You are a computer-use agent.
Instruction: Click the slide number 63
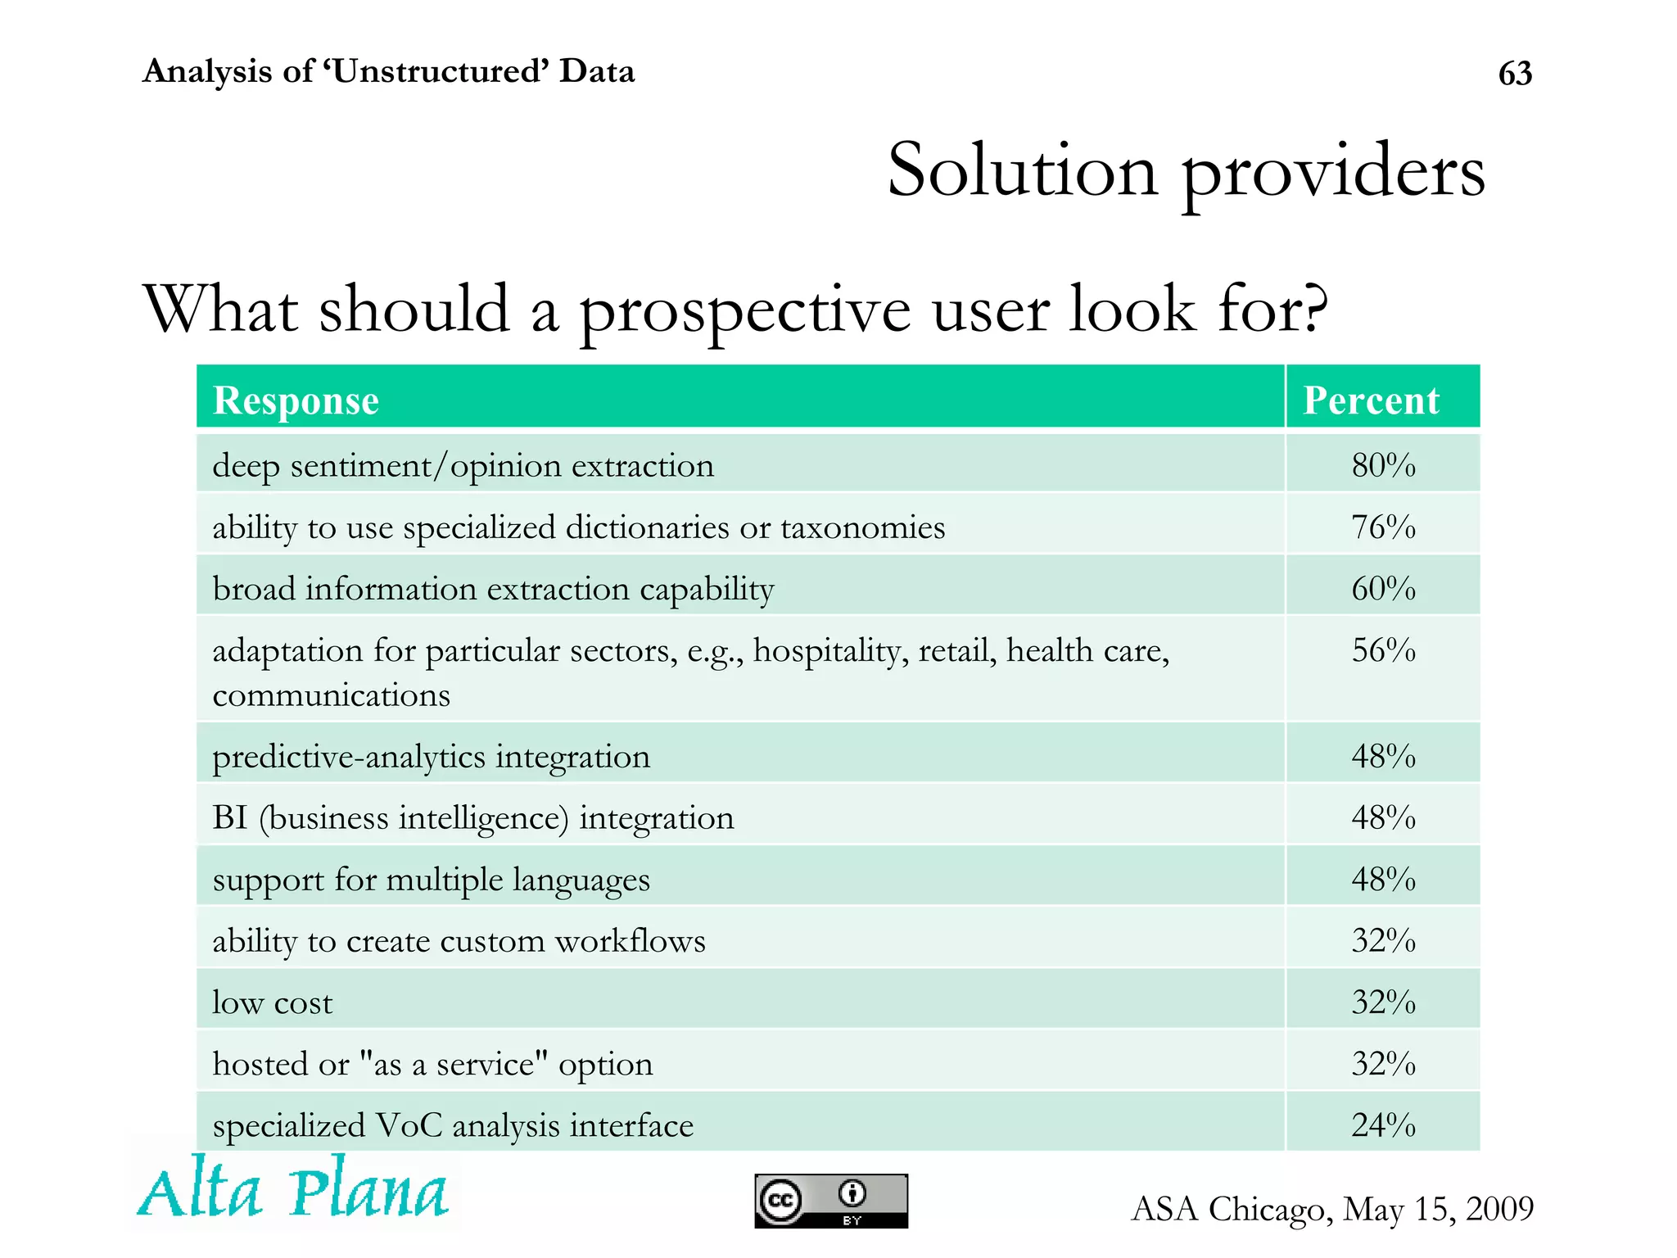pos(1514,74)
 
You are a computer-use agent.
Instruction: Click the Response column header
pos(296,400)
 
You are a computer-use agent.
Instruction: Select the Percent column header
pos(1371,400)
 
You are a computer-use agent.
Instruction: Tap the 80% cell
pos(1382,465)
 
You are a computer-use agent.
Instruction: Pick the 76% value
pos(1382,527)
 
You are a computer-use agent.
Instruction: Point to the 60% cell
pos(1382,588)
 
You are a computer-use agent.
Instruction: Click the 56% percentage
pos(1382,650)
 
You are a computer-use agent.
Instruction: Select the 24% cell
pos(1382,1125)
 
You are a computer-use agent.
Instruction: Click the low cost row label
pos(272,1002)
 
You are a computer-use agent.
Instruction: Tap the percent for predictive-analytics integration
pos(1382,756)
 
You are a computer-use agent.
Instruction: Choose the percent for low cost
pos(1382,1002)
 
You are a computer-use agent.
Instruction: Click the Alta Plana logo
pos(292,1188)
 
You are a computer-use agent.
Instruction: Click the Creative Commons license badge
pos(830,1201)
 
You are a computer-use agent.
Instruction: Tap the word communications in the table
pos(331,695)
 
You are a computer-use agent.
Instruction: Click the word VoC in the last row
pos(409,1125)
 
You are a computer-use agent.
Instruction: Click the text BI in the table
pos(229,817)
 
